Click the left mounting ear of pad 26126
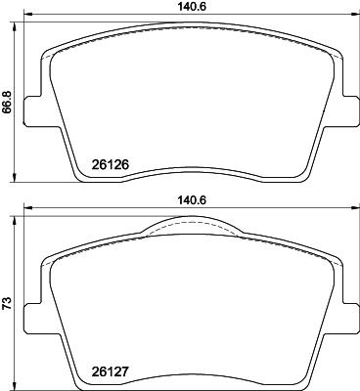[32, 113]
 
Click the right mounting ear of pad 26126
[344, 113]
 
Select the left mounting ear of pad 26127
[32, 313]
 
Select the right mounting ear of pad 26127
[344, 313]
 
